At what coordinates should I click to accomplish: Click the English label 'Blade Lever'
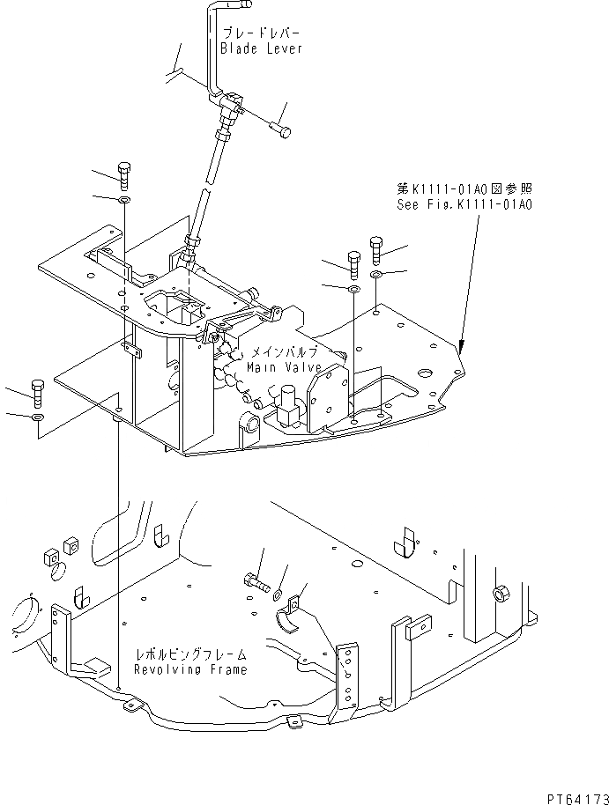[261, 48]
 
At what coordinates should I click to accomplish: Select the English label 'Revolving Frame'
[190, 669]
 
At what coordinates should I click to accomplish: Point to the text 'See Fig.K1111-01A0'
[464, 204]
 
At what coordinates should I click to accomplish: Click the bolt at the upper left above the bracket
[123, 175]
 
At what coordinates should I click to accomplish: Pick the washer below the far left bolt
[37, 416]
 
